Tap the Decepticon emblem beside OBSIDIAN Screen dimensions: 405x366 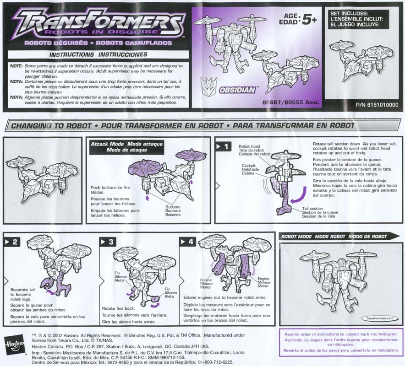(x=209, y=87)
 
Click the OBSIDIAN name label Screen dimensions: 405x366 (x=237, y=90)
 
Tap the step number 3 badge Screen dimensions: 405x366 (x=108, y=242)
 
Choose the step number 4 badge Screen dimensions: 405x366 (x=188, y=242)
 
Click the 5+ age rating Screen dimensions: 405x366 (x=309, y=20)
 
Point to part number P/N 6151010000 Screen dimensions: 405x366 (x=377, y=105)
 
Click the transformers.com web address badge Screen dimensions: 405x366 (x=380, y=318)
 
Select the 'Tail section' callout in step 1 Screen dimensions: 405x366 (x=312, y=209)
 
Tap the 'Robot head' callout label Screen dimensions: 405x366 (x=249, y=146)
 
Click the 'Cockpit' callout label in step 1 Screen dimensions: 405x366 (x=248, y=165)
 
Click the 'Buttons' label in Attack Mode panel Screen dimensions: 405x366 (x=173, y=207)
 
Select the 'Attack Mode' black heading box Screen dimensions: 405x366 (x=126, y=147)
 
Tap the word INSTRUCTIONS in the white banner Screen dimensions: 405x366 (x=71, y=55)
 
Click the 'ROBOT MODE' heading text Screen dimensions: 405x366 (x=296, y=237)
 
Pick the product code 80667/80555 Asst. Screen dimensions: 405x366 (x=290, y=102)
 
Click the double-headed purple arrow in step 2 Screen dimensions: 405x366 (x=50, y=292)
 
